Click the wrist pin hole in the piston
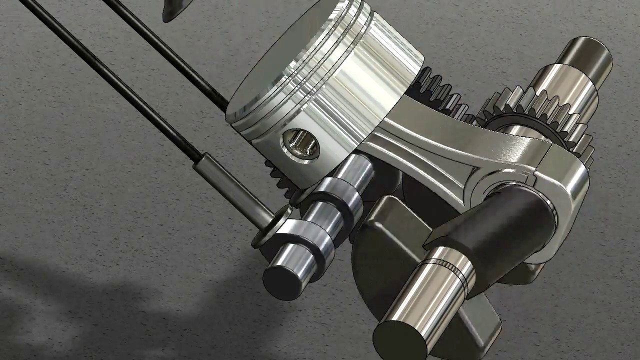click(301, 144)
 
